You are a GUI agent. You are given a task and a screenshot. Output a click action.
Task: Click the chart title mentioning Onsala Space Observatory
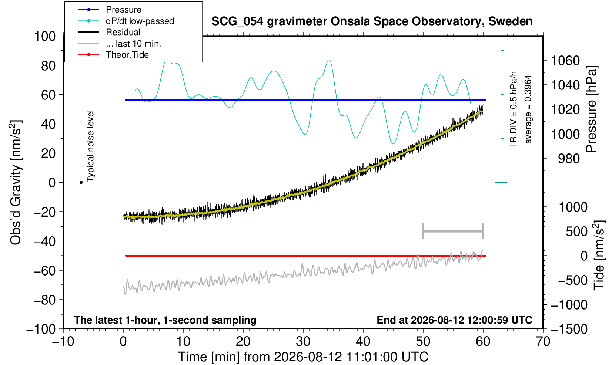point(372,21)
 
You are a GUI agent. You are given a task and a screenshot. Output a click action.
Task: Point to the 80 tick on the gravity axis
point(49,65)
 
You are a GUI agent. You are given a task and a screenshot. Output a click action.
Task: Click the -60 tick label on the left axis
point(44,271)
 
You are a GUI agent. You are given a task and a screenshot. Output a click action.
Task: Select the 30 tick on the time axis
point(303,342)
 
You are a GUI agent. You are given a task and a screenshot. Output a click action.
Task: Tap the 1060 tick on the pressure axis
point(565,61)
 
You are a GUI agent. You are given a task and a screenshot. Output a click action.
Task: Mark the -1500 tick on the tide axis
point(569,329)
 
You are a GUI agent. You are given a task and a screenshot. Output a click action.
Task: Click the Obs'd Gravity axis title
point(16,183)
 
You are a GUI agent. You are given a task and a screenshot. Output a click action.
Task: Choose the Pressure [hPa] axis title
point(592,109)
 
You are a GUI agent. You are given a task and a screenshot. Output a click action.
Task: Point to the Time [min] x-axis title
point(303,357)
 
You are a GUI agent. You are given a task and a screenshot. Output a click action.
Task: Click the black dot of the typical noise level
point(81,182)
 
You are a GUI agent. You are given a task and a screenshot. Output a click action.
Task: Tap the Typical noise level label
point(90,146)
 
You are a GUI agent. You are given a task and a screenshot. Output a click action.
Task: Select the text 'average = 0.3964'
point(528,109)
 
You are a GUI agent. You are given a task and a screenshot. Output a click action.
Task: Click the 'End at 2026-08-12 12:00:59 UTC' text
point(454,320)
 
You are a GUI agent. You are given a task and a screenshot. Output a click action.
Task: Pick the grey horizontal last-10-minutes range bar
point(453,231)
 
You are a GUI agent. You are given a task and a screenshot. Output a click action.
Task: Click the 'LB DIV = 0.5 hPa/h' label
point(514,109)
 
